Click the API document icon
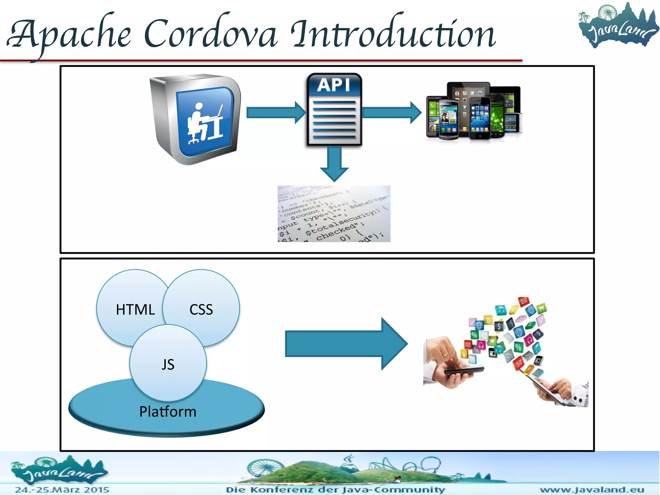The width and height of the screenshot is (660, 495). click(x=334, y=110)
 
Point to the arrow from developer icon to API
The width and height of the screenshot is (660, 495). click(x=276, y=112)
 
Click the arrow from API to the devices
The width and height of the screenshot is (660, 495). click(x=391, y=112)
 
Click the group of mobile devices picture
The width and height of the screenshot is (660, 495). click(x=474, y=111)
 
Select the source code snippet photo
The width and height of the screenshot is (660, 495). click(x=334, y=213)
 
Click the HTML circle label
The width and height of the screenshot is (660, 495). click(x=135, y=310)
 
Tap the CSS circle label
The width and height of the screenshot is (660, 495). click(x=201, y=310)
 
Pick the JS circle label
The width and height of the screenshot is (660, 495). click(x=168, y=364)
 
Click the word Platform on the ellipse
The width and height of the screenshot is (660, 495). click(x=168, y=412)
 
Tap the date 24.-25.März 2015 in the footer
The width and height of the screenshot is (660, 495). click(x=62, y=490)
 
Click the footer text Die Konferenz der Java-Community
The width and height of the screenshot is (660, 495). click(x=335, y=490)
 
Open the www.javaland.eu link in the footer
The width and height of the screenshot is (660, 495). click(x=592, y=490)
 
